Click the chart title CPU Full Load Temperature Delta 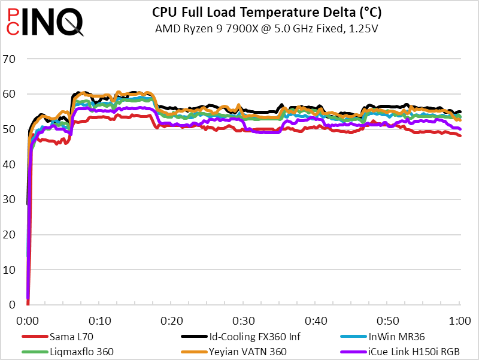pos(267,13)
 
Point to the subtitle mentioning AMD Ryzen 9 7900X pos(267,28)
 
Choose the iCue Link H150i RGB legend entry pos(414,351)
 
